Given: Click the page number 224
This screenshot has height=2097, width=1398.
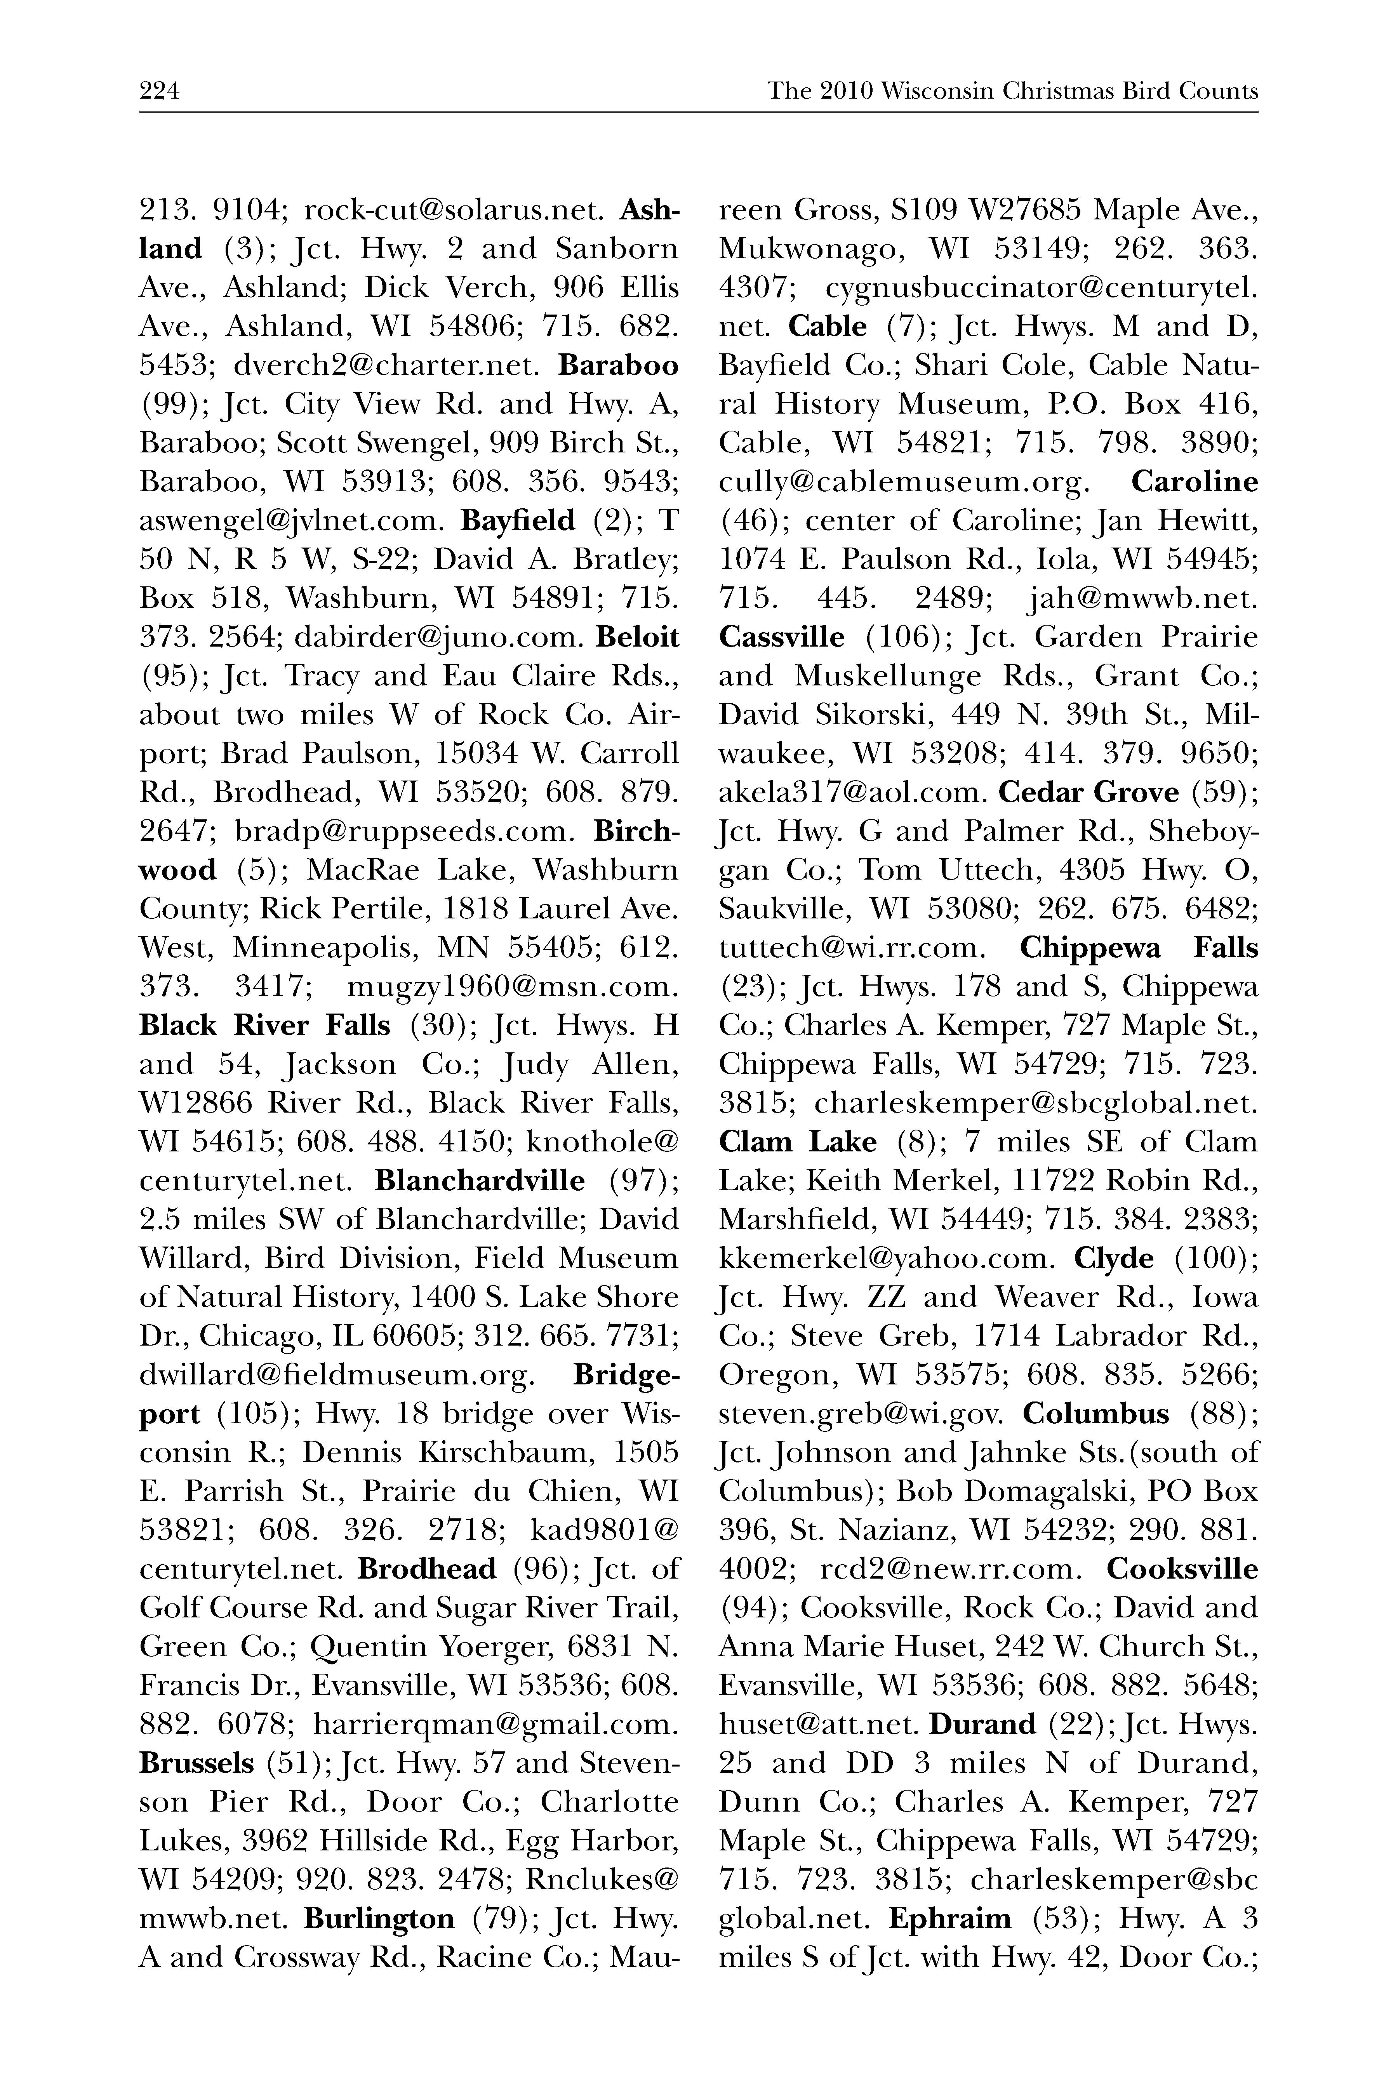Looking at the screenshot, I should tap(160, 91).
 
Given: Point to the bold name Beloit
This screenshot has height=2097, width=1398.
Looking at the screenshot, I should tap(636, 638).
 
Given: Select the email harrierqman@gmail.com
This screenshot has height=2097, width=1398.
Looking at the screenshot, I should tap(496, 1723).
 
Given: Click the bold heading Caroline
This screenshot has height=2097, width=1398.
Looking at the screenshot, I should tap(1195, 482).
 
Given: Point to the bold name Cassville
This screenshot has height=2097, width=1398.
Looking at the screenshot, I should tap(781, 638).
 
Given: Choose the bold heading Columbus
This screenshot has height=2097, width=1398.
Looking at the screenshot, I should tap(1096, 1413).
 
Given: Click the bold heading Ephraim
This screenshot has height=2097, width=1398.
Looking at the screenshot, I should tap(950, 1918).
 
